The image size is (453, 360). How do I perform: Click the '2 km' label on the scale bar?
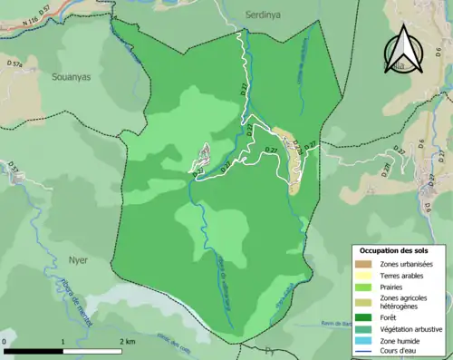click(127, 341)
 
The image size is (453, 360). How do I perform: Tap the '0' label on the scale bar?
click(5, 341)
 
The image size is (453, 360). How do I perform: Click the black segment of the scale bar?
click(34, 350)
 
